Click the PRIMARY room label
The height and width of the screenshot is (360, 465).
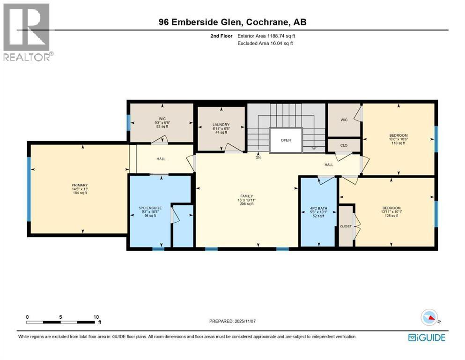pyautogui.click(x=80, y=185)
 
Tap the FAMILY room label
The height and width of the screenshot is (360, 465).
pyautogui.click(x=246, y=196)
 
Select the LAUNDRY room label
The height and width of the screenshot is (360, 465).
pyautogui.click(x=220, y=125)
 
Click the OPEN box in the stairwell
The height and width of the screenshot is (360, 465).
pyautogui.click(x=286, y=140)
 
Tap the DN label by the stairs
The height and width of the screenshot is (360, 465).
pyautogui.click(x=258, y=157)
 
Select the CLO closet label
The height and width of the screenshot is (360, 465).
pyautogui.click(x=343, y=145)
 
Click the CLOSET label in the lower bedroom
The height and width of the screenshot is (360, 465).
pyautogui.click(x=346, y=226)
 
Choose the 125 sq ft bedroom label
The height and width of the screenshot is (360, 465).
pyautogui.click(x=391, y=208)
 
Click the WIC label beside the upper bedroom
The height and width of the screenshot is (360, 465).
pyautogui.click(x=343, y=120)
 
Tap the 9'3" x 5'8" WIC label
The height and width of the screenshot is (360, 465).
pyautogui.click(x=161, y=123)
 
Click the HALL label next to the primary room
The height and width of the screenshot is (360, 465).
pyautogui.click(x=160, y=158)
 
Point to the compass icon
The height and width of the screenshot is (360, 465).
pyautogui.click(x=429, y=318)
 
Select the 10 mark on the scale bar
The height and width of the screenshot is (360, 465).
pyautogui.click(x=96, y=317)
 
